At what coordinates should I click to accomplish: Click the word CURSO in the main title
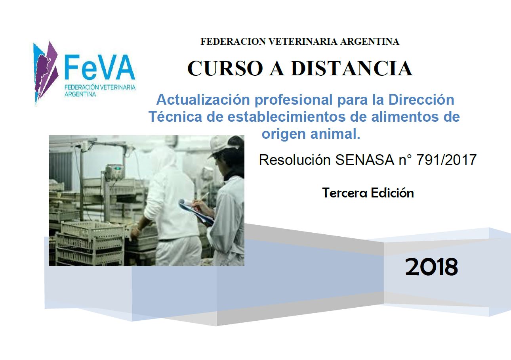tap(225, 68)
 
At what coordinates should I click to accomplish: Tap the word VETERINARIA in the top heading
tap(302, 42)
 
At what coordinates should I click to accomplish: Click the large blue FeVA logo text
tap(100, 67)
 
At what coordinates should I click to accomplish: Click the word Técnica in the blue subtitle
tap(175, 117)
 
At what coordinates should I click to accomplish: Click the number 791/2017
tap(446, 159)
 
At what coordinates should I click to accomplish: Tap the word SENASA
tap(364, 159)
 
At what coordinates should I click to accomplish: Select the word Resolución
tap(294, 159)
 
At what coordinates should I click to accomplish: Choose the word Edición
tap(392, 193)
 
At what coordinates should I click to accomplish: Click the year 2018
tap(431, 266)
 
